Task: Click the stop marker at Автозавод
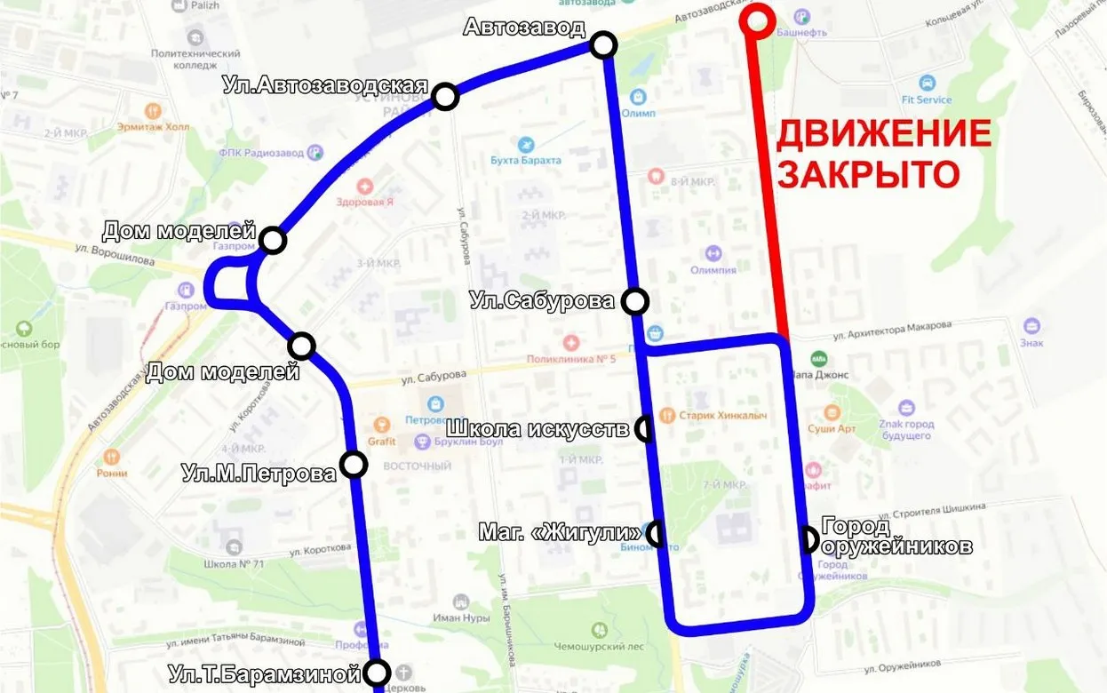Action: click(x=603, y=44)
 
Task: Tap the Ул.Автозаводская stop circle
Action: click(x=444, y=96)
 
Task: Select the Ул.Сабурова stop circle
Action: click(x=635, y=301)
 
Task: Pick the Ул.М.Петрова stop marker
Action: click(x=354, y=464)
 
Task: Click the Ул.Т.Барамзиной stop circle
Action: click(x=378, y=672)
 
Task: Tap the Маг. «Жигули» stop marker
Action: click(x=656, y=533)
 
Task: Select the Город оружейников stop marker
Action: click(x=808, y=538)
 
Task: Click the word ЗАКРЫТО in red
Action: click(x=869, y=174)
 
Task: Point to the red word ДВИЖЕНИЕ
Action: click(x=884, y=134)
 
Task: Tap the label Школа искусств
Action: click(x=541, y=429)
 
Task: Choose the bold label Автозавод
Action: click(x=524, y=28)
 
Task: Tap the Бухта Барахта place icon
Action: click(x=526, y=144)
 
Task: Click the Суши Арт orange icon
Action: click(x=832, y=413)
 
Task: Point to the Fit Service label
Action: click(x=926, y=100)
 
